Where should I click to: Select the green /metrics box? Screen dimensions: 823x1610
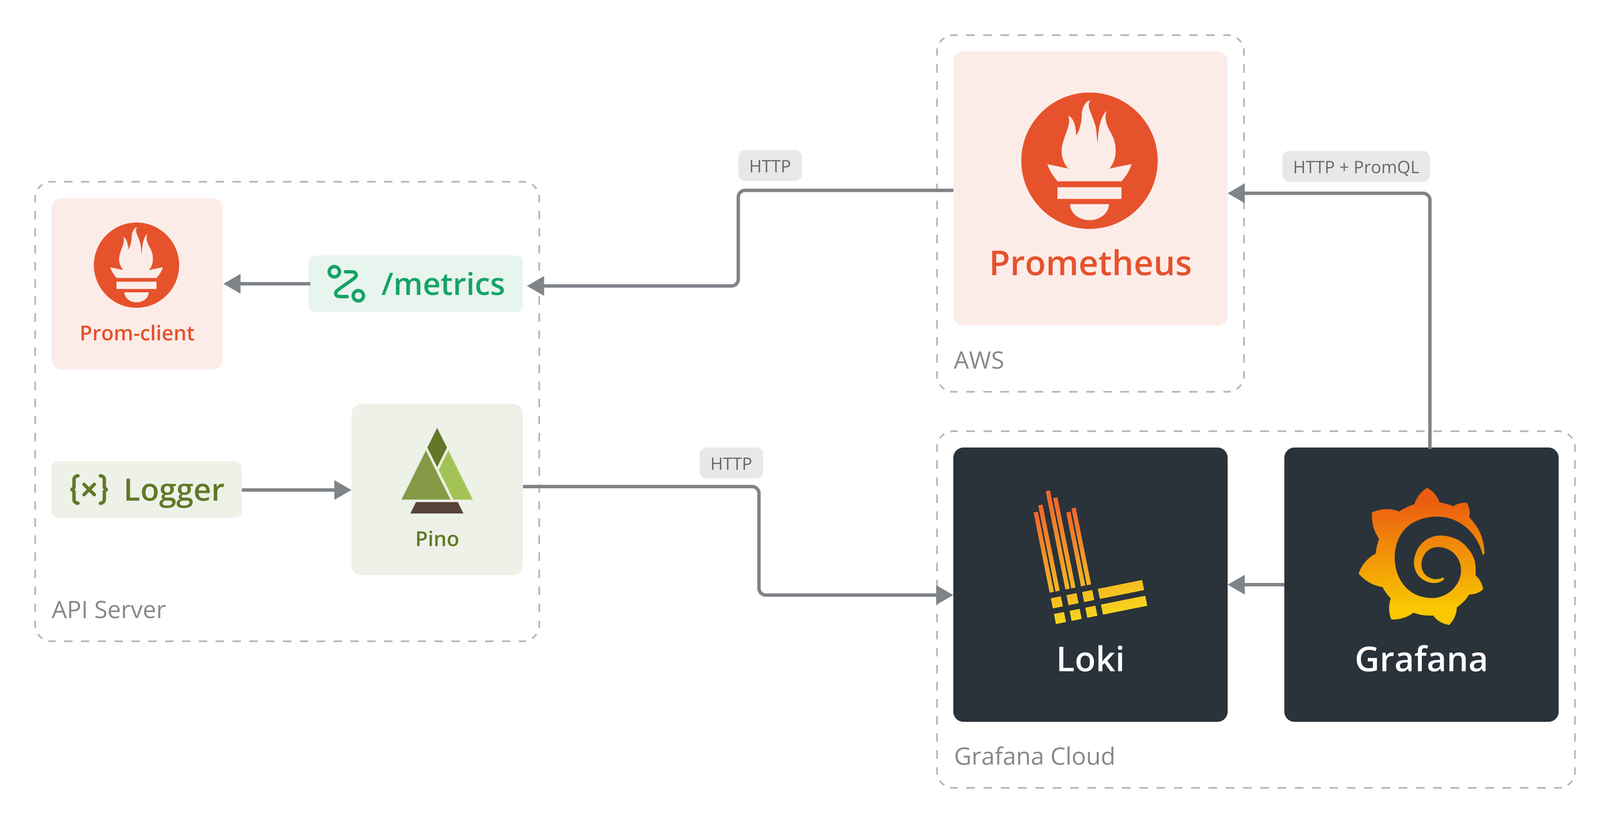[416, 284]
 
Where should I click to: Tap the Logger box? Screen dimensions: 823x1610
[146, 490]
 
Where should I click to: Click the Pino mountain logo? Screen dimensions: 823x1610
[437, 472]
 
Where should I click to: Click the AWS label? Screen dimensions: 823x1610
[979, 360]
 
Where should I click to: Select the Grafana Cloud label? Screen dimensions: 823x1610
[1034, 756]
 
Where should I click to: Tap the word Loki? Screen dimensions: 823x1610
[1090, 659]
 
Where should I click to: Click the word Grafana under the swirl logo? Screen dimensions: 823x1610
[1421, 659]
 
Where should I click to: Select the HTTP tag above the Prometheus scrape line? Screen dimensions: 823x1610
[769, 165]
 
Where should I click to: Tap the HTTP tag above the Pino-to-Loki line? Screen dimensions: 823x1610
[730, 463]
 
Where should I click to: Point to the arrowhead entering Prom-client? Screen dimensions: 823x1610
[232, 284]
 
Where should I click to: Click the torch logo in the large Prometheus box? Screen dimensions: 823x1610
[1089, 161]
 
